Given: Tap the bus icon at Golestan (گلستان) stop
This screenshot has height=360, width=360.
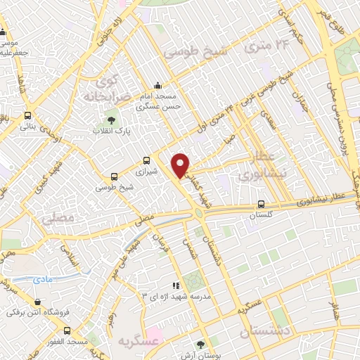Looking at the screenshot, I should [x=260, y=205].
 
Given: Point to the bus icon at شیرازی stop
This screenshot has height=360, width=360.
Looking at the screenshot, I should [x=146, y=160].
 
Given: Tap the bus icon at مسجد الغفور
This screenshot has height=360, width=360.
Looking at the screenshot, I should [x=67, y=330].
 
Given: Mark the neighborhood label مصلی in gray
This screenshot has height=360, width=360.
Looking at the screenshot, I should [x=57, y=219].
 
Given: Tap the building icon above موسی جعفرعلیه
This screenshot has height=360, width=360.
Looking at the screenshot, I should [x=4, y=32].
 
